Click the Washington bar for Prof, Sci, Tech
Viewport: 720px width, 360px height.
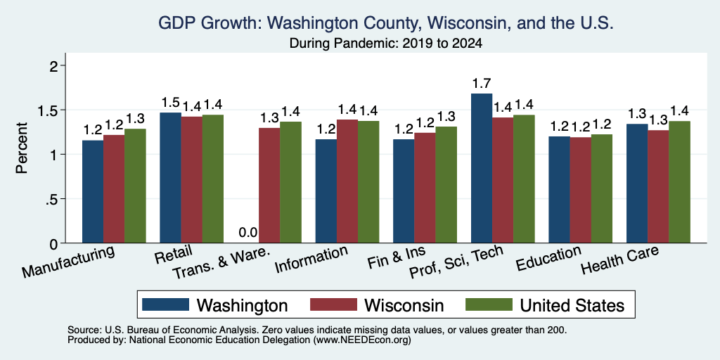click(481, 168)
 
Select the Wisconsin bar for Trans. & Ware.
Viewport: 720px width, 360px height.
click(269, 186)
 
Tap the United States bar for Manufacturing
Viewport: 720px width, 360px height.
click(135, 186)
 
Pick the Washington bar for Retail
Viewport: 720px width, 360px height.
click(170, 178)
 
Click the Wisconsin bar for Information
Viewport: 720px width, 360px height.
click(347, 181)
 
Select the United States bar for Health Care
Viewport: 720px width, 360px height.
click(680, 182)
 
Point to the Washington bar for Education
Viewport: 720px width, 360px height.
click(559, 190)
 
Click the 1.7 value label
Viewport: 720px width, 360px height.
click(481, 84)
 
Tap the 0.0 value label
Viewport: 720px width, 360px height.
click(248, 233)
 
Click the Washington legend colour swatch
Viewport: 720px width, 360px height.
click(166, 304)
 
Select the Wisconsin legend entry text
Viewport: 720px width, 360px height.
click(404, 305)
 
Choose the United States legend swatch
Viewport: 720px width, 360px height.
click(489, 304)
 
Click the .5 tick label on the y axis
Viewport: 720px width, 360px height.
click(53, 199)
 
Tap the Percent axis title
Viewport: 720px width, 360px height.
click(22, 148)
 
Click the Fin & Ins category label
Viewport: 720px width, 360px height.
click(396, 257)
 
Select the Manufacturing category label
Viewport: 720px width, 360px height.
click(68, 262)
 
